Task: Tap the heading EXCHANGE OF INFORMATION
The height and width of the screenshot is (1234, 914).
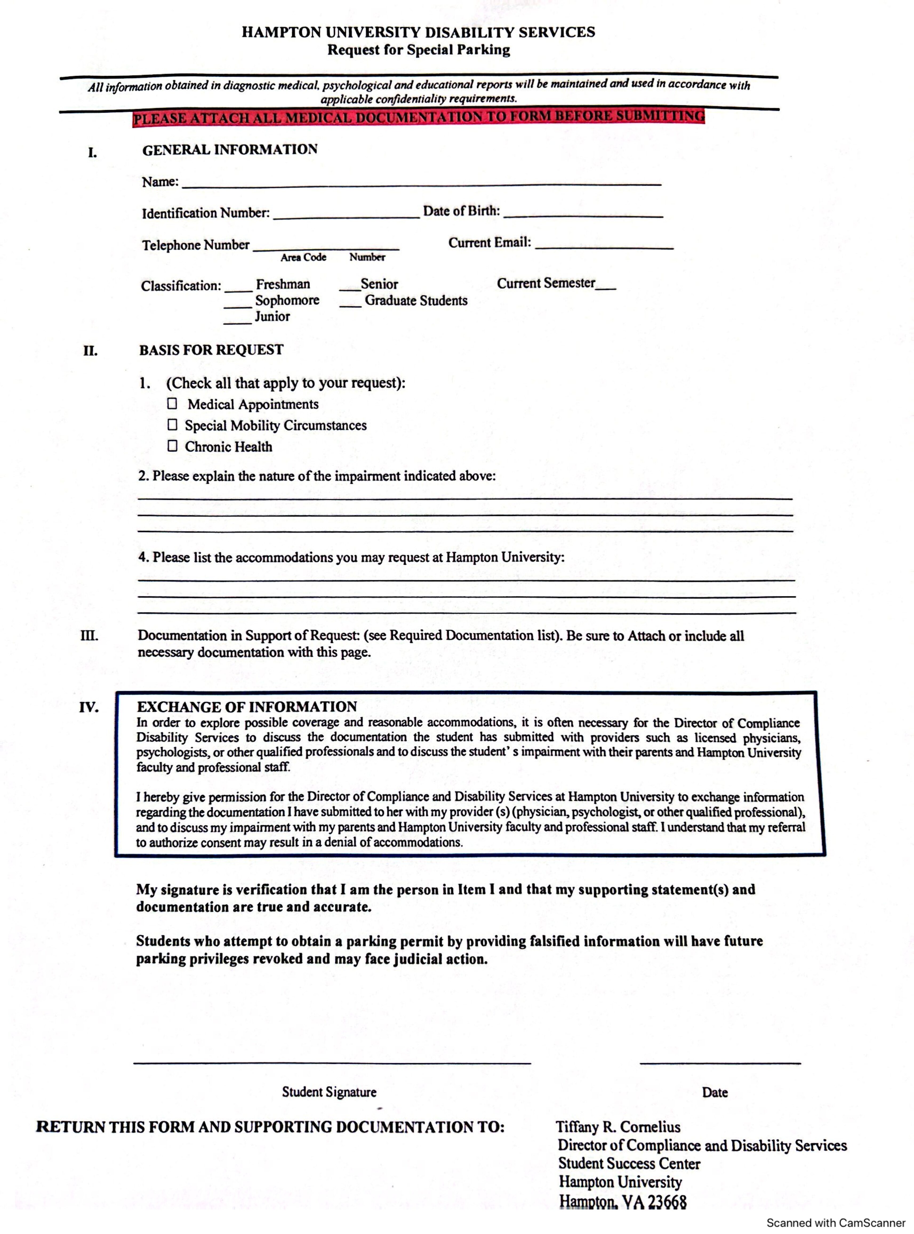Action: tap(247, 707)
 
